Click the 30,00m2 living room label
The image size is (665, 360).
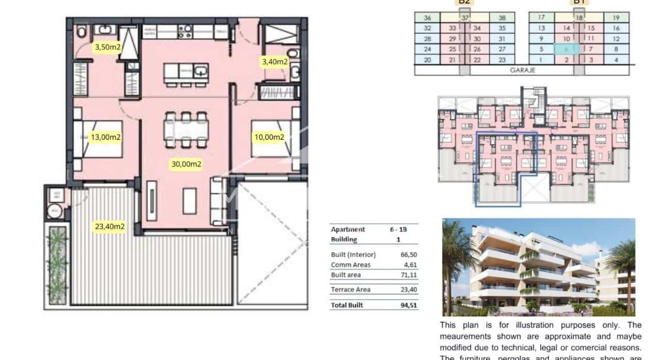pos(186,165)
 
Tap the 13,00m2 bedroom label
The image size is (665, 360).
pos(106,138)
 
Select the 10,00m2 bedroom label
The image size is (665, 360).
pos(269,137)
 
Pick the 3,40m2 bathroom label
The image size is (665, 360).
pos(275,62)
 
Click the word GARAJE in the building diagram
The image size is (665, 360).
pos(522,70)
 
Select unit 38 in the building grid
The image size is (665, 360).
pos(502,18)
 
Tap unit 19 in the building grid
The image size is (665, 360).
pos(616,18)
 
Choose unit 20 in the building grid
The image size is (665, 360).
pos(427,60)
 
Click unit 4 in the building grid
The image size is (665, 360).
pos(616,60)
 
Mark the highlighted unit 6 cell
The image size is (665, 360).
pos(567,50)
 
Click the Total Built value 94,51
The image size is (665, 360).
pos(408,305)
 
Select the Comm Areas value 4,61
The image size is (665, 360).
pos(408,265)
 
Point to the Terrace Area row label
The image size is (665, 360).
pos(351,290)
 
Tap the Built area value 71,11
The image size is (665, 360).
pos(408,275)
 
